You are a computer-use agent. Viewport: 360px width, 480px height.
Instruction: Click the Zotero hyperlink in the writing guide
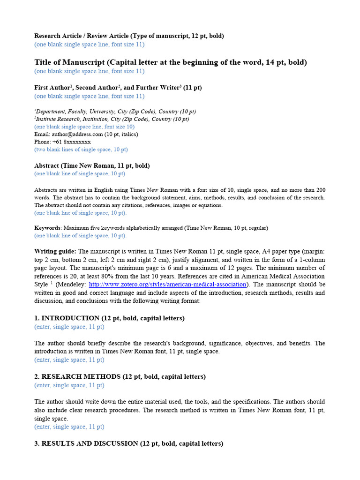tap(167, 285)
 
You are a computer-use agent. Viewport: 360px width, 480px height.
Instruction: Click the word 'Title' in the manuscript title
tap(44, 62)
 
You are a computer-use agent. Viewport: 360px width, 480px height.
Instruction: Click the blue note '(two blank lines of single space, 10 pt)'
tap(81, 150)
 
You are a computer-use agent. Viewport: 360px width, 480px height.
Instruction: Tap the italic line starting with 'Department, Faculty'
tap(115, 112)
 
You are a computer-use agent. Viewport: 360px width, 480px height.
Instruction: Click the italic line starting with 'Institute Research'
tap(112, 119)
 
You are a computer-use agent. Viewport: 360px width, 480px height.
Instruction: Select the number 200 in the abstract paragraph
tap(320, 190)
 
